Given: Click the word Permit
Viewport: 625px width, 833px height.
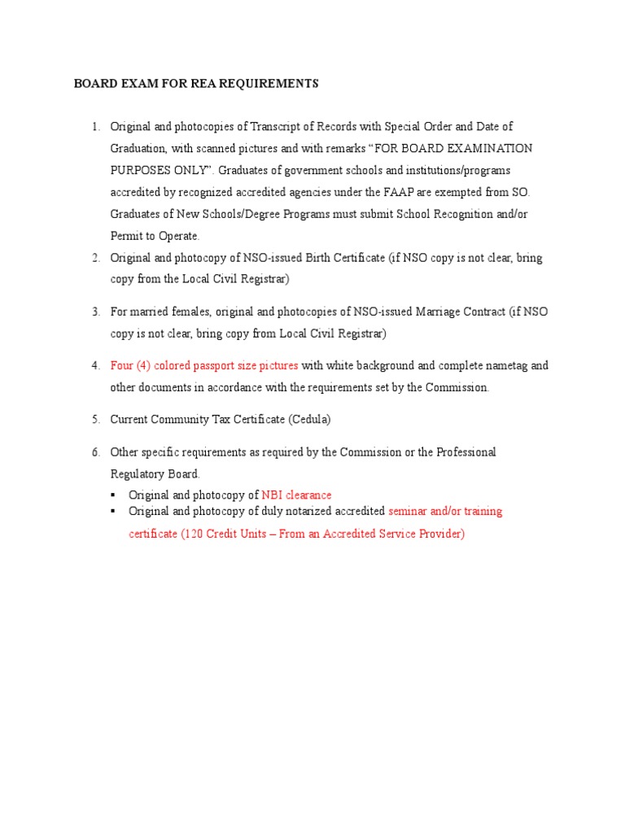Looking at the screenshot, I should pyautogui.click(x=126, y=237).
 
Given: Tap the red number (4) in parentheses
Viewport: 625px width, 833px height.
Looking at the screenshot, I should pyautogui.click(x=142, y=366).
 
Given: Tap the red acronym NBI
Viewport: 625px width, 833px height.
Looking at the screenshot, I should pyautogui.click(x=272, y=495).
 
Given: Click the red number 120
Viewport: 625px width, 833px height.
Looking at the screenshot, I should pyautogui.click(x=193, y=534).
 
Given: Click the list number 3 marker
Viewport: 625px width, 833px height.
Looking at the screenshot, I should pyautogui.click(x=95, y=312).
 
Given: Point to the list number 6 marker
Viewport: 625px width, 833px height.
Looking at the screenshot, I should pyautogui.click(x=95, y=452).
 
